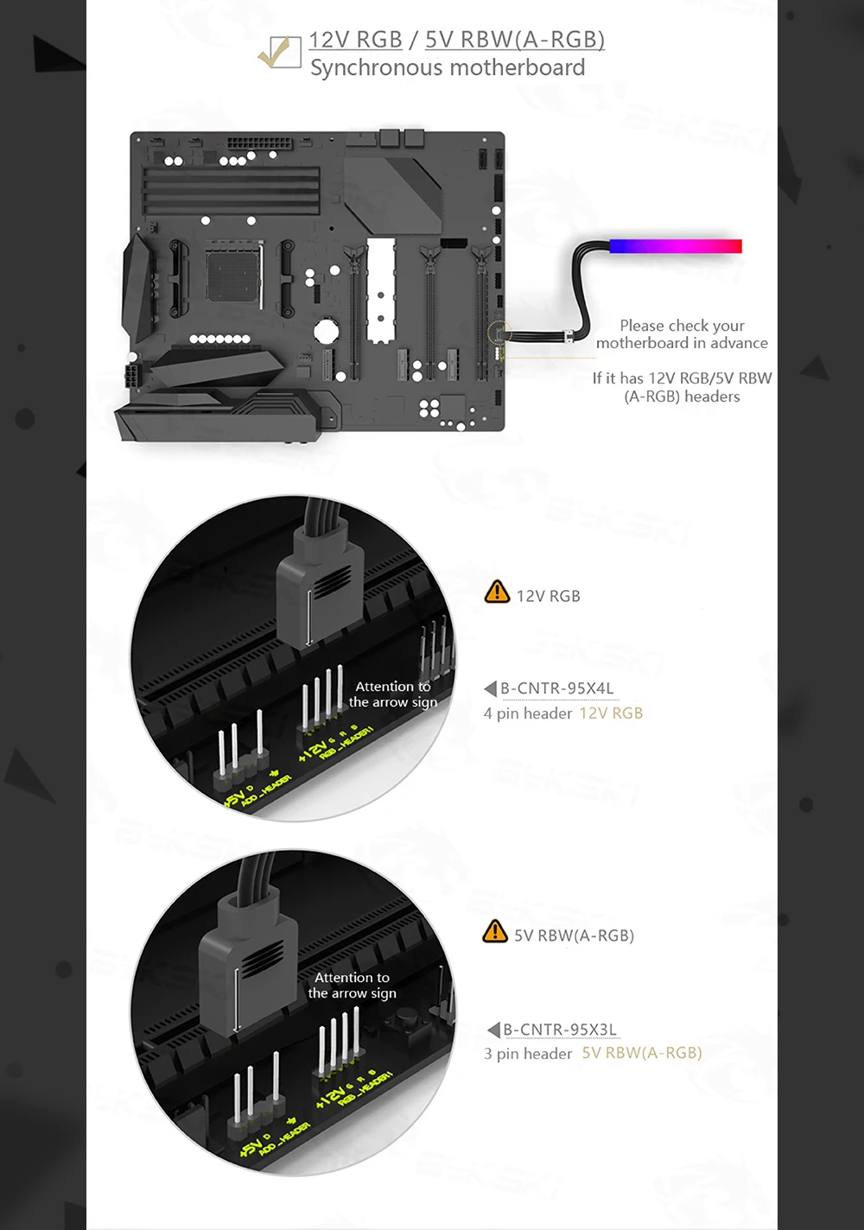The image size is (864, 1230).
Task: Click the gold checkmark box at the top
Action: point(279,52)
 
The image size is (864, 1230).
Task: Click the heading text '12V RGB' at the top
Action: point(355,40)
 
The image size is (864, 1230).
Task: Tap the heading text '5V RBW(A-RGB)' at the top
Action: point(514,40)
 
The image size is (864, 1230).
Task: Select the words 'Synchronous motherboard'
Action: point(448,67)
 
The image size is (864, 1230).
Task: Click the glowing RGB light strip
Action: point(675,246)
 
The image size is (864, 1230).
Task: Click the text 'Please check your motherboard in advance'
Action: point(682,334)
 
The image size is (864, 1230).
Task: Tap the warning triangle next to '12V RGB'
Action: point(497,593)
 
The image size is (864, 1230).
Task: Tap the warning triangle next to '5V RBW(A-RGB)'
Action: point(495,932)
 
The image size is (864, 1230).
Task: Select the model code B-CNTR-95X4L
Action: point(557,688)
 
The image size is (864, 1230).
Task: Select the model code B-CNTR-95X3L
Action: point(560,1030)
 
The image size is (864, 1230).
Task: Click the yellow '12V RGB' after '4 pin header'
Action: point(611,713)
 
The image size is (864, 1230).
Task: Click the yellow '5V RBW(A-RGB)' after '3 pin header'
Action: point(641,1053)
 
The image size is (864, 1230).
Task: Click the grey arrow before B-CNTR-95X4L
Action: point(490,688)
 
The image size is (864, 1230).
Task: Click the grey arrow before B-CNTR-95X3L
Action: point(493,1030)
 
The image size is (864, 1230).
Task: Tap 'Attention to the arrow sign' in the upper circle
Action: point(393,694)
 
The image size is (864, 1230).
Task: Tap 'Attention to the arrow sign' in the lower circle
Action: point(352,985)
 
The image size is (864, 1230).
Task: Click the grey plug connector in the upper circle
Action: point(320,587)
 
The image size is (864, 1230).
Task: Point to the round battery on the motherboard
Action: point(326,331)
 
